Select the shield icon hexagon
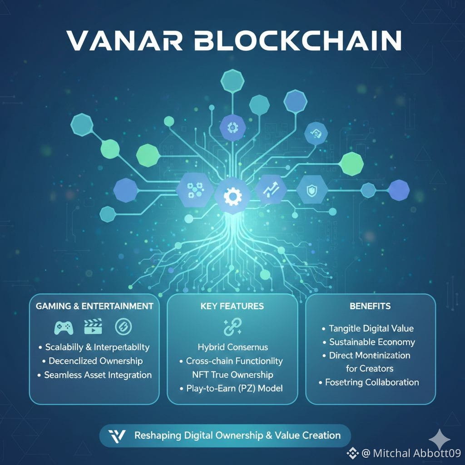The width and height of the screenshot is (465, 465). [x=312, y=190]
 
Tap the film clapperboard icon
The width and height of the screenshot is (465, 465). [x=94, y=326]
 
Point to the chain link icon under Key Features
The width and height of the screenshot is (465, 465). [x=232, y=327]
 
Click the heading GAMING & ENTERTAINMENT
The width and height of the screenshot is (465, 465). [x=94, y=306]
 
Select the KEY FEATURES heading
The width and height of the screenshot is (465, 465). [x=232, y=306]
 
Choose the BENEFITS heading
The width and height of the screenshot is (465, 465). [x=370, y=306]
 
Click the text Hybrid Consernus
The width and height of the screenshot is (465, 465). [x=233, y=347]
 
